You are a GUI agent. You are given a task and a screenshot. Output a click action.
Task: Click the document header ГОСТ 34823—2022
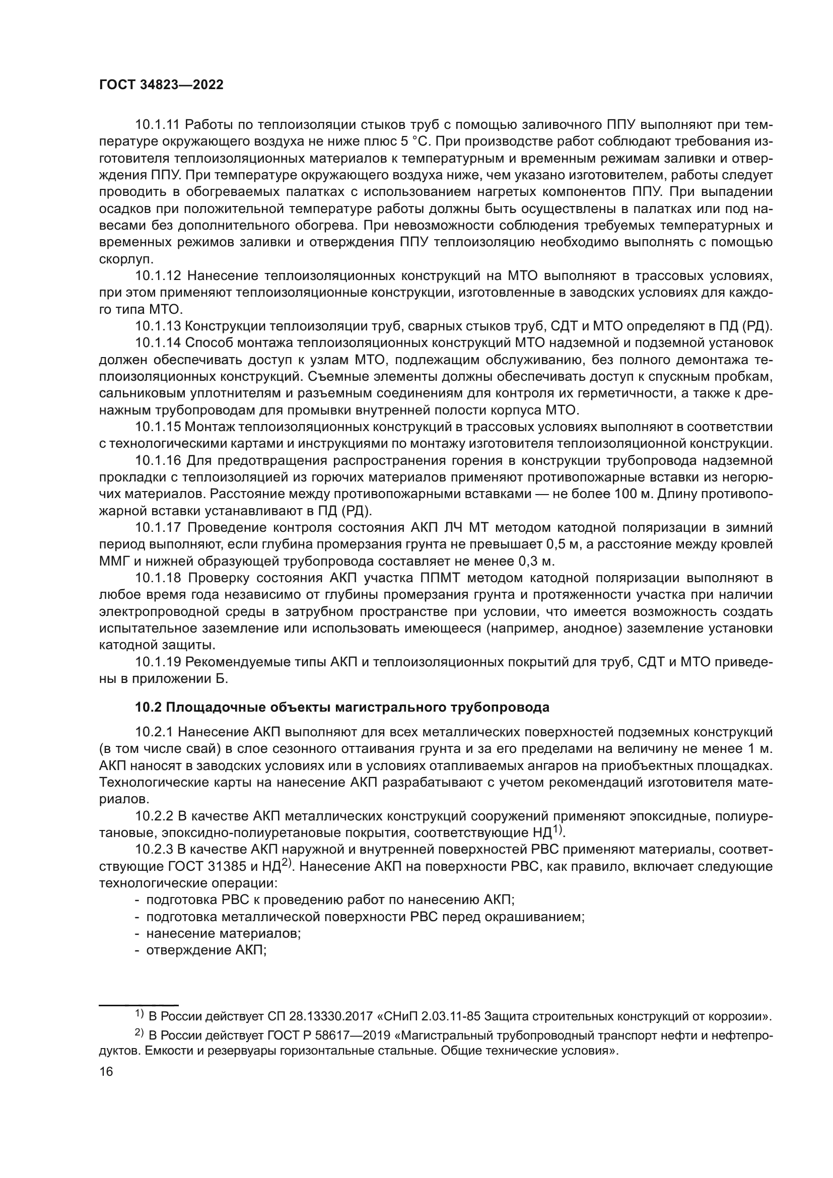161,85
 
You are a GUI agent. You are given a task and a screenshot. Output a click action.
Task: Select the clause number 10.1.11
158,125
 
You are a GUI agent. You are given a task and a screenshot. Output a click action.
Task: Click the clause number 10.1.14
158,343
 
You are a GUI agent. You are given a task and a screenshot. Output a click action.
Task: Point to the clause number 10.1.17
158,527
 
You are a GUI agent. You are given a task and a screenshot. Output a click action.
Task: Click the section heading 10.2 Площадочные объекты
342,708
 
